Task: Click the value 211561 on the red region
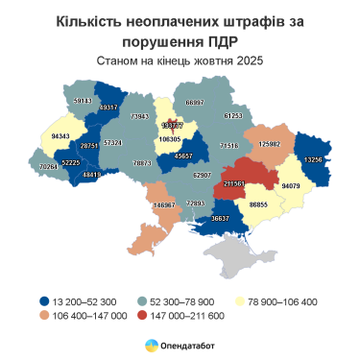(x=234, y=180)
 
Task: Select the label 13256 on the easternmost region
(x=313, y=159)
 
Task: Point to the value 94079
(x=291, y=185)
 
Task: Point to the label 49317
(x=108, y=108)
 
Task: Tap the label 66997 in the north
(x=195, y=101)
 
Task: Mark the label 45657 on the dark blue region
(x=183, y=156)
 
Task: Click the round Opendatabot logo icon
(x=150, y=345)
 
